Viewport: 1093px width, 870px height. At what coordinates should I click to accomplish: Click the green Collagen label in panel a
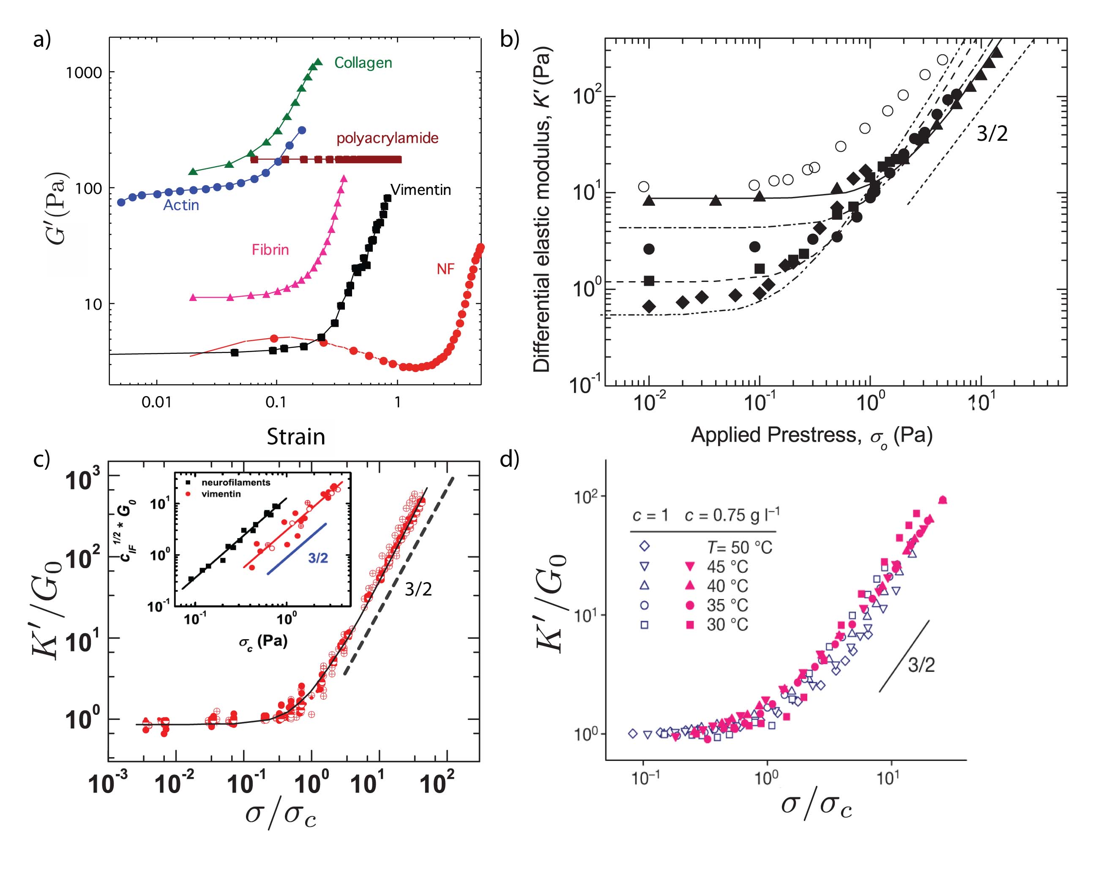click(363, 63)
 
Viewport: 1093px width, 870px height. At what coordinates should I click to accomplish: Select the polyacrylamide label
click(387, 138)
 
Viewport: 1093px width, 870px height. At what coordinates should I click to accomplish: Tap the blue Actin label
click(181, 205)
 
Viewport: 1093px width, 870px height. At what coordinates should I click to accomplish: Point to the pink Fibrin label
click(270, 250)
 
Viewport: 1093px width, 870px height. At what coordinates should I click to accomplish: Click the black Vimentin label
click(421, 190)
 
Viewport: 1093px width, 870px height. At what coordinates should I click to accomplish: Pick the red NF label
click(445, 269)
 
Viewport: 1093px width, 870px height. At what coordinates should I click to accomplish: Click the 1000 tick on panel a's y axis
click(84, 73)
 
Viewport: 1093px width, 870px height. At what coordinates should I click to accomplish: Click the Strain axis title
click(295, 437)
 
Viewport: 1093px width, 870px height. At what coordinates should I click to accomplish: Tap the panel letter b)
click(509, 39)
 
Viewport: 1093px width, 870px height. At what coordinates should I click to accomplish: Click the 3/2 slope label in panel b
click(992, 134)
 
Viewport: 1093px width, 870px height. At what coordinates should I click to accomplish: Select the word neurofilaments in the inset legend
click(236, 482)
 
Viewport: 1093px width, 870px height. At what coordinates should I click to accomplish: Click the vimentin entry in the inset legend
click(221, 494)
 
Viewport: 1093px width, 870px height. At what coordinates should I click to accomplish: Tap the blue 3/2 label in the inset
click(318, 558)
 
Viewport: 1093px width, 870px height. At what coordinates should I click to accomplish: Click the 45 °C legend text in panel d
click(727, 567)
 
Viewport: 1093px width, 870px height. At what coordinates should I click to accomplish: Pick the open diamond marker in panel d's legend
click(644, 546)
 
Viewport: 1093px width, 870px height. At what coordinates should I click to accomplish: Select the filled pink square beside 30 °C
click(689, 625)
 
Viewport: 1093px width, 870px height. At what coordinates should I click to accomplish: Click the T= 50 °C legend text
click(740, 547)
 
